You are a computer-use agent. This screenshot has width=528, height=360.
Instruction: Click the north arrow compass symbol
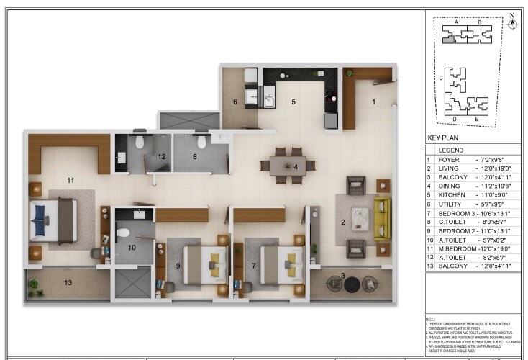point(512,22)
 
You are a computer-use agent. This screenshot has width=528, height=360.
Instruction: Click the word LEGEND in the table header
point(451,150)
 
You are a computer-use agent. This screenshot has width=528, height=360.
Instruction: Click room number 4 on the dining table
point(296,167)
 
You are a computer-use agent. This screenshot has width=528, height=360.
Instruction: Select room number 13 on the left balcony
point(68,283)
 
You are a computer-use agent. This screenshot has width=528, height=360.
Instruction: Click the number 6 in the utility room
point(235,102)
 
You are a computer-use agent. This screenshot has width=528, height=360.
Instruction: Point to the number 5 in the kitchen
point(293,102)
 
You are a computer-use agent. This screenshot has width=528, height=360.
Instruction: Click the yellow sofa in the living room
point(381,220)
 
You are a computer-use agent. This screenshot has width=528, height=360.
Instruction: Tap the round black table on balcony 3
point(351,284)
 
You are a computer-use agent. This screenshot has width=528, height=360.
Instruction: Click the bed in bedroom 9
point(205,264)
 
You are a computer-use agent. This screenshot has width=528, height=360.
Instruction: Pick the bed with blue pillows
point(53,220)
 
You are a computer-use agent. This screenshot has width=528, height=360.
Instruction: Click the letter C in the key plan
point(440,76)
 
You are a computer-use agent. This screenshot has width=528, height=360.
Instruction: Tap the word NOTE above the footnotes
point(430,318)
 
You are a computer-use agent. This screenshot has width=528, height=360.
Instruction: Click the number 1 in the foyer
point(373,102)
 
